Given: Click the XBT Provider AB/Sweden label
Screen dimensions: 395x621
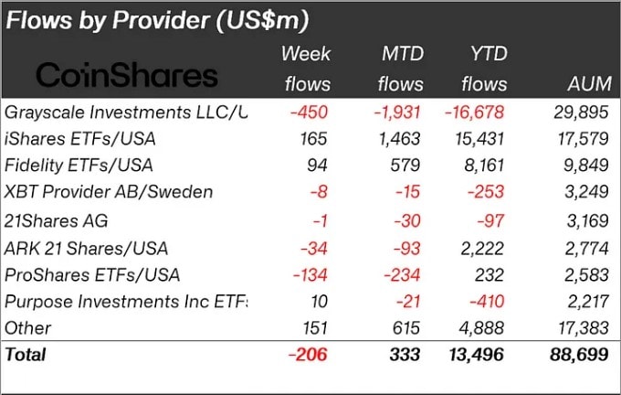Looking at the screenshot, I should click(108, 193).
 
